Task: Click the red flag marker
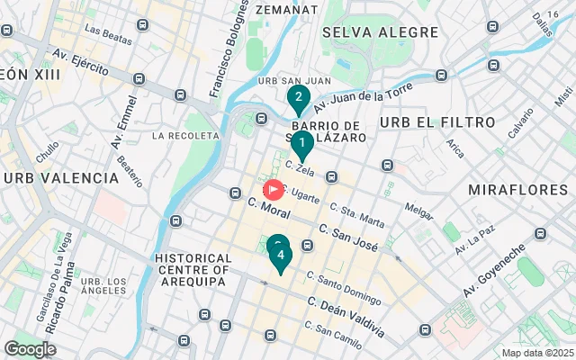click(274, 190)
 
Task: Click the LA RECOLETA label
click(186, 136)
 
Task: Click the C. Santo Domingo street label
click(343, 288)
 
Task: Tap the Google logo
click(31, 348)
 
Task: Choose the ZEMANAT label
click(286, 8)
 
